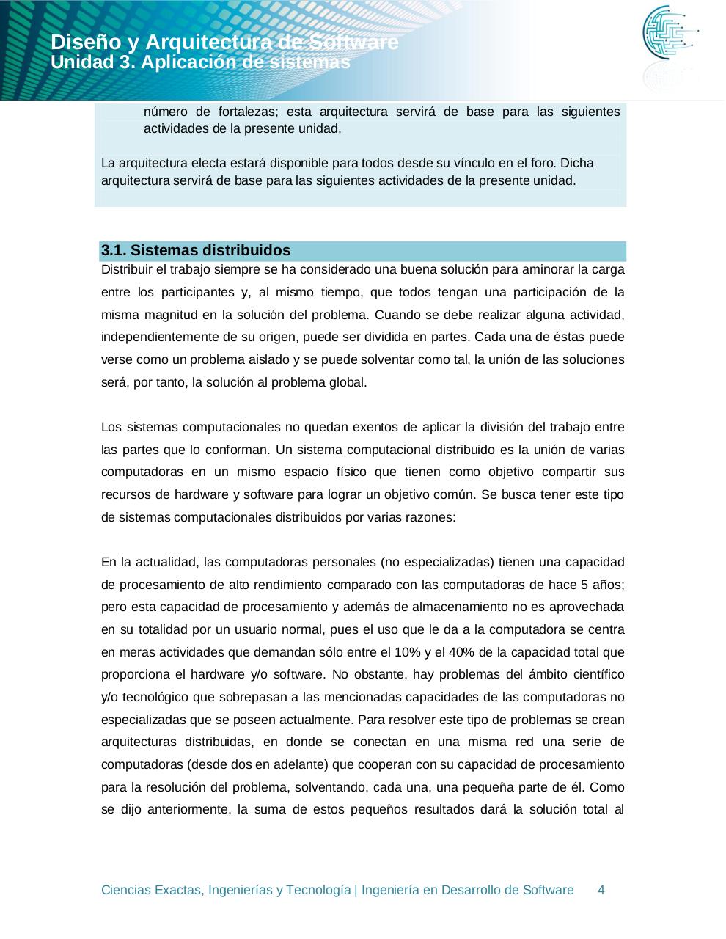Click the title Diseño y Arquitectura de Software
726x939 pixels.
tap(224, 43)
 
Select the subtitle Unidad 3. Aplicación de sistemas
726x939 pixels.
tap(200, 63)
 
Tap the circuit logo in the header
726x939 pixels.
tap(670, 33)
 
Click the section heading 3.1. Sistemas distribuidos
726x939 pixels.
tap(196, 251)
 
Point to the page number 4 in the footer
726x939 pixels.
tap(601, 890)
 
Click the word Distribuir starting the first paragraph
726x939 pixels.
tap(128, 269)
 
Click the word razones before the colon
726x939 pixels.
tap(431, 517)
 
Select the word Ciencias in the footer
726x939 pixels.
tap(125, 890)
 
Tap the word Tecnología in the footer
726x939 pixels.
tap(319, 890)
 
